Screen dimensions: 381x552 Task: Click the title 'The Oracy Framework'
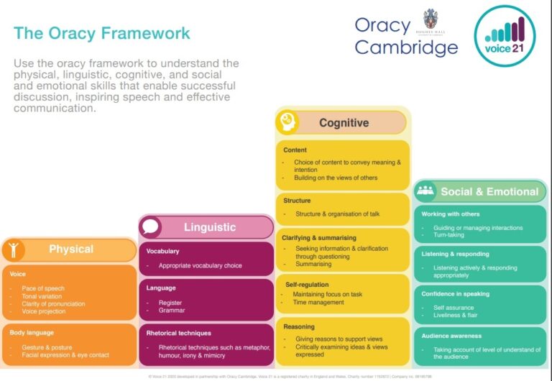point(102,33)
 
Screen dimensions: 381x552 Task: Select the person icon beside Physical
point(14,249)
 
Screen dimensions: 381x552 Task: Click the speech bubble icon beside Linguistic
point(151,227)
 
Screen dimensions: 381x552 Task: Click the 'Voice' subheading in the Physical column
point(18,275)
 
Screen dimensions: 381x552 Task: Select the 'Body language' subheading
point(32,333)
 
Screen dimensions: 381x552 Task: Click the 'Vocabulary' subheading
point(162,252)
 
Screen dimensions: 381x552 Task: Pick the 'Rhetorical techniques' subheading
point(178,334)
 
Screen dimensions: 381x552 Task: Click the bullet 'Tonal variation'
point(42,296)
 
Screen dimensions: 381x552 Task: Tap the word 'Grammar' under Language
point(172,311)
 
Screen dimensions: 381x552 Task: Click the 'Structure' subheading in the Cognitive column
point(297,201)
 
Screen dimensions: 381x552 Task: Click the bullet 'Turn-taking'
point(448,235)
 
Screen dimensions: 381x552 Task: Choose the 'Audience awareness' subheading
point(451,336)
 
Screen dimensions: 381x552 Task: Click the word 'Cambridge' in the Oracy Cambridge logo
point(406,47)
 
